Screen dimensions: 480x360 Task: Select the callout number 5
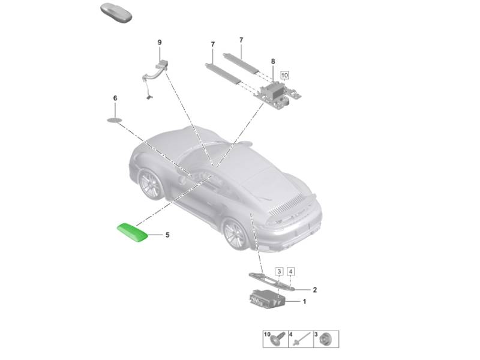tap(167, 235)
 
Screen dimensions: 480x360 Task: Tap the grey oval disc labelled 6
tap(114, 119)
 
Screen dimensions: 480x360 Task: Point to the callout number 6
tap(115, 98)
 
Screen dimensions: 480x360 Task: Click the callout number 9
tap(160, 42)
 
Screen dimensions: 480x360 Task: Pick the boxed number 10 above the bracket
tap(284, 76)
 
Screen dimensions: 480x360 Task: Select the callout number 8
tap(273, 62)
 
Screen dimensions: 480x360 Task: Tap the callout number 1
tap(304, 302)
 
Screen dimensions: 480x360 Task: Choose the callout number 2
tap(314, 290)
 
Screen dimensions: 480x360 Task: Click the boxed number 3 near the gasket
tap(279, 272)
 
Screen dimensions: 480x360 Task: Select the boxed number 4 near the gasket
tap(291, 272)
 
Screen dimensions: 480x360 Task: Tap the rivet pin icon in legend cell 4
tap(302, 339)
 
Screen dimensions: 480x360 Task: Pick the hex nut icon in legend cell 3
tap(326, 339)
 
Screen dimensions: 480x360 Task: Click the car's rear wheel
tap(237, 235)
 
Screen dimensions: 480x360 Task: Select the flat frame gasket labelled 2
tap(271, 281)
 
